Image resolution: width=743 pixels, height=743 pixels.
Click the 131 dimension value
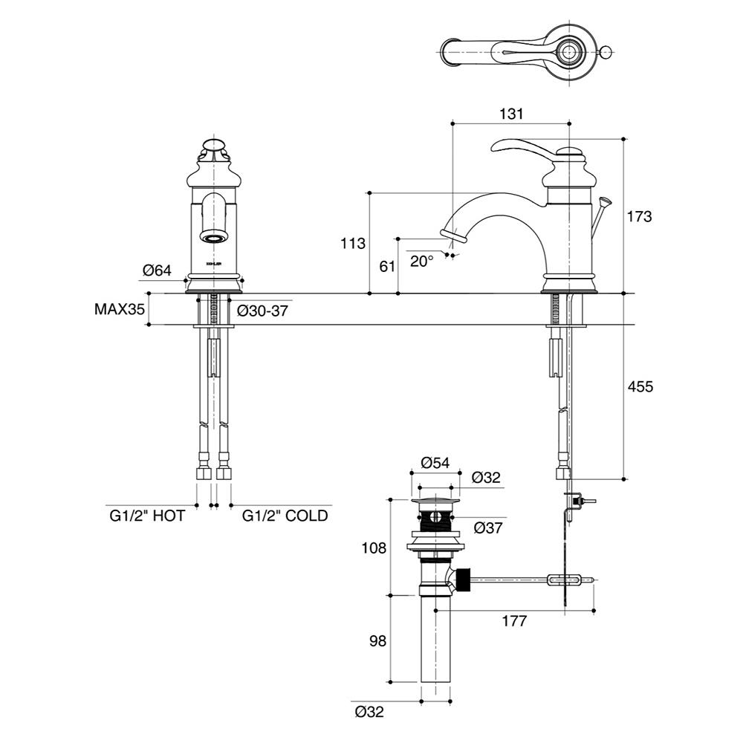coord(512,114)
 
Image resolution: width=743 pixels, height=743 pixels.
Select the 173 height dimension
coord(639,217)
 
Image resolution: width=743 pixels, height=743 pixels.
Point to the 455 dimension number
coord(639,386)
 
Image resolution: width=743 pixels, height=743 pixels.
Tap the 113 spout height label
coord(354,243)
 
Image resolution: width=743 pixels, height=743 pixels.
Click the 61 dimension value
coord(387,266)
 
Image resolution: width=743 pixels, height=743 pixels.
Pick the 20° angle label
coord(421,261)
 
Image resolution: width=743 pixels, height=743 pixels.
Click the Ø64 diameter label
coord(157,270)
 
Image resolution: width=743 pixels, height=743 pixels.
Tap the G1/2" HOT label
coord(147,515)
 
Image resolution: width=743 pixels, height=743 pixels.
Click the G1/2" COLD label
coord(285,515)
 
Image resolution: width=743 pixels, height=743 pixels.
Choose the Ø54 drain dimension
coord(435,462)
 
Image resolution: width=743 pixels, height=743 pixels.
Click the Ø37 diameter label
coord(489,528)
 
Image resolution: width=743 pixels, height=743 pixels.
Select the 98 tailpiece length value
coord(377,640)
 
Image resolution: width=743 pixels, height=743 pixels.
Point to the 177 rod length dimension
coord(513,621)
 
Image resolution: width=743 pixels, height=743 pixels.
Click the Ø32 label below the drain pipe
coord(369,711)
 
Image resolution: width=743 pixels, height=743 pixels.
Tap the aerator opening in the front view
coord(214,238)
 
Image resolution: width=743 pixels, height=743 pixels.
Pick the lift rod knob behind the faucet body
coord(604,201)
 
